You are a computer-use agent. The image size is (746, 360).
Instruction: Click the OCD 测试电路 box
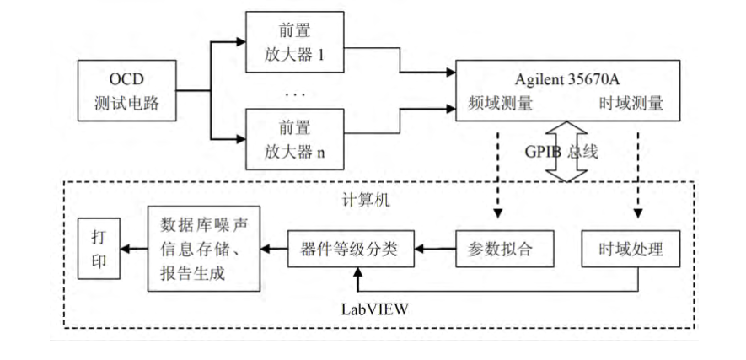126,91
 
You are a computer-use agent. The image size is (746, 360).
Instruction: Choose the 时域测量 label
631,105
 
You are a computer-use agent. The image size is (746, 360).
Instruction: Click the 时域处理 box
631,250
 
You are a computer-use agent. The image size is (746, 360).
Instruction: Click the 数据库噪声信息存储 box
202,250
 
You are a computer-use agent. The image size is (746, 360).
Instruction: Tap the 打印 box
98,250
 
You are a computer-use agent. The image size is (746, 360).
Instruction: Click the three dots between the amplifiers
295,94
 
